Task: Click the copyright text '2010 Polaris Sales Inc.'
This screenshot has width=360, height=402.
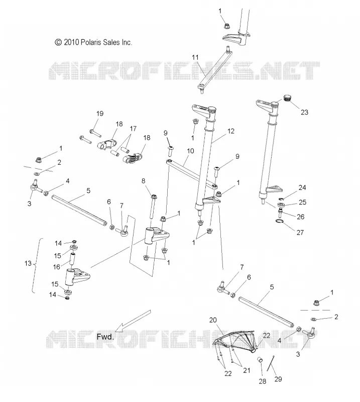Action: pos(98,42)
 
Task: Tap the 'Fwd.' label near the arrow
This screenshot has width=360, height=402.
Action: pos(105,337)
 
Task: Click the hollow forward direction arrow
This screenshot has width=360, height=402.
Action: pos(133,321)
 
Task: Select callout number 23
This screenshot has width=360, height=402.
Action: pos(304,112)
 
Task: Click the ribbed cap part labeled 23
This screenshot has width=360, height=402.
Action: pos(288,98)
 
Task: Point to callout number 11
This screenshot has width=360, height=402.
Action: pos(195,57)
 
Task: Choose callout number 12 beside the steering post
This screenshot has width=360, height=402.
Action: pos(230,131)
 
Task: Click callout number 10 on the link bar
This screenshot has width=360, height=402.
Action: pos(190,151)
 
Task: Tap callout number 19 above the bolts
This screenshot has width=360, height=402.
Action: pos(100,114)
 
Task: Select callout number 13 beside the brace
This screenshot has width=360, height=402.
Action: pos(28,263)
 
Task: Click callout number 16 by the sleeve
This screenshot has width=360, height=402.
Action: pos(56,267)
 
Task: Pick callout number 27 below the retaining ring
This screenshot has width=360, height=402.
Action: pos(300,232)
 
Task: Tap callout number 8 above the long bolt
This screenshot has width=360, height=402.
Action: pos(143,181)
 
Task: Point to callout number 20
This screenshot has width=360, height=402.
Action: pos(213,320)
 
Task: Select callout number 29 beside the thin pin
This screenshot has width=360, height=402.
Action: pos(278,379)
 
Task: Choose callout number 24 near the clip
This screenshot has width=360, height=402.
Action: pos(302,187)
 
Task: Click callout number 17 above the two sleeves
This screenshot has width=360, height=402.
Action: pos(133,129)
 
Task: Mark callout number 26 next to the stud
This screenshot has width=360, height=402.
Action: pos(300,217)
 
